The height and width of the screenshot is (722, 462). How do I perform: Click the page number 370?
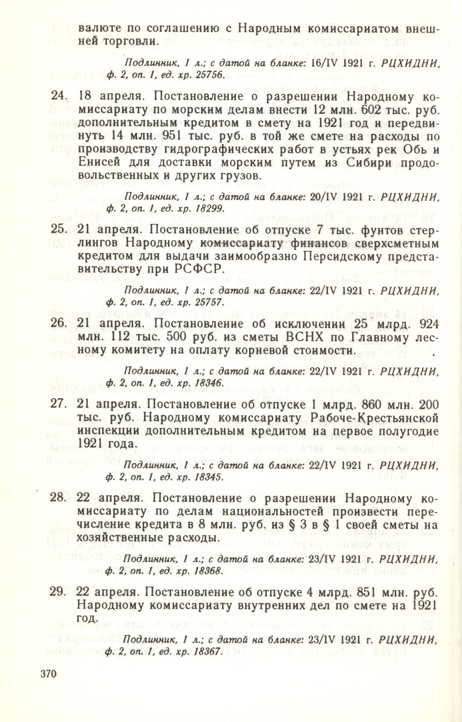pos(48,683)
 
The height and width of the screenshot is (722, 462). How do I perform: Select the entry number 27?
pos(58,405)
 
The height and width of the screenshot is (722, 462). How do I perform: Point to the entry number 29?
pos(58,592)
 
